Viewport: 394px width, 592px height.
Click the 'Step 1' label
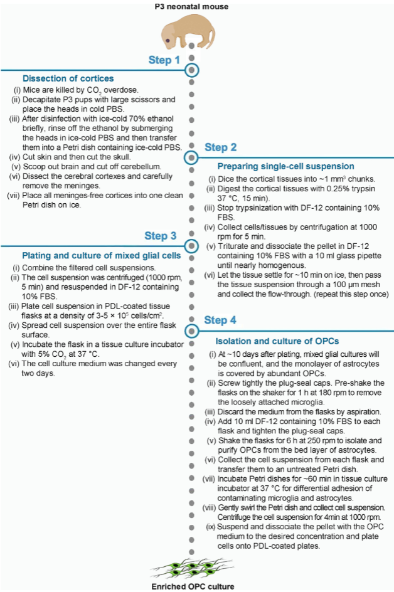[x=164, y=60]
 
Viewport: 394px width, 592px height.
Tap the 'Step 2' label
[x=221, y=147]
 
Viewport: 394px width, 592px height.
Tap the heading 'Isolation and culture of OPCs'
[x=277, y=341]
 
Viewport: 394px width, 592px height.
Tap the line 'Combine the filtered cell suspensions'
[x=83, y=268]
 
